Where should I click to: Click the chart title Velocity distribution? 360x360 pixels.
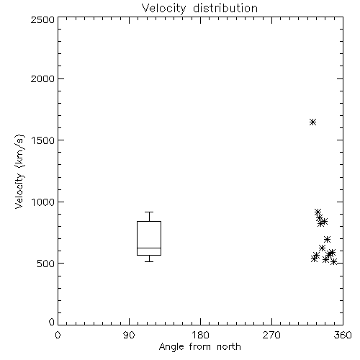199,8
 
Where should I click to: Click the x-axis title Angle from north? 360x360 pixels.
199,346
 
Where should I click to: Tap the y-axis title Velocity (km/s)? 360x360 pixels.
19,171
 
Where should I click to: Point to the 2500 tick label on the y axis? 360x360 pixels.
42,19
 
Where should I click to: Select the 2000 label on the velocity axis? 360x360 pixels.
42,78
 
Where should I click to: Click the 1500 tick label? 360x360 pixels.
43,140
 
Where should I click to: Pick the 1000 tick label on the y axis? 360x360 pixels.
43,202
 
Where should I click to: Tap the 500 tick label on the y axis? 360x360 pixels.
46,264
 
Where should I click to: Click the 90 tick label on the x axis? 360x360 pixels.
129,335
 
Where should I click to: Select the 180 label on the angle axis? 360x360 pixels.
200,335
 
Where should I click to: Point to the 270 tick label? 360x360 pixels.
271,335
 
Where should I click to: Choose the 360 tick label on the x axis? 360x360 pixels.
343,335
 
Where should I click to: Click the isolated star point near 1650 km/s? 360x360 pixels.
312,122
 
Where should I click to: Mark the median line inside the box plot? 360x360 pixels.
149,248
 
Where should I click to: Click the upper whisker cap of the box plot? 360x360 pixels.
149,212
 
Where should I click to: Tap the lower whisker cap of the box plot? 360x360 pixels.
149,261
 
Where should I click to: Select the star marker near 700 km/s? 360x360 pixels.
327,239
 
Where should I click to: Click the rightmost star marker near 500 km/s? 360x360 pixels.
333,262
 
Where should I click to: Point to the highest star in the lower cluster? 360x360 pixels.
318,212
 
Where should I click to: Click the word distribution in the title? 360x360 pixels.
225,8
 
